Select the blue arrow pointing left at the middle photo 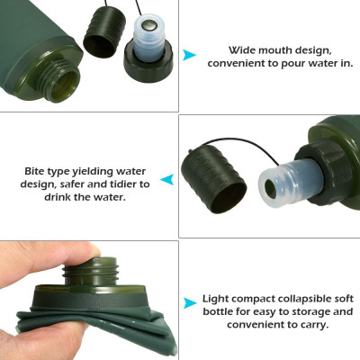click(x=167, y=181)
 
